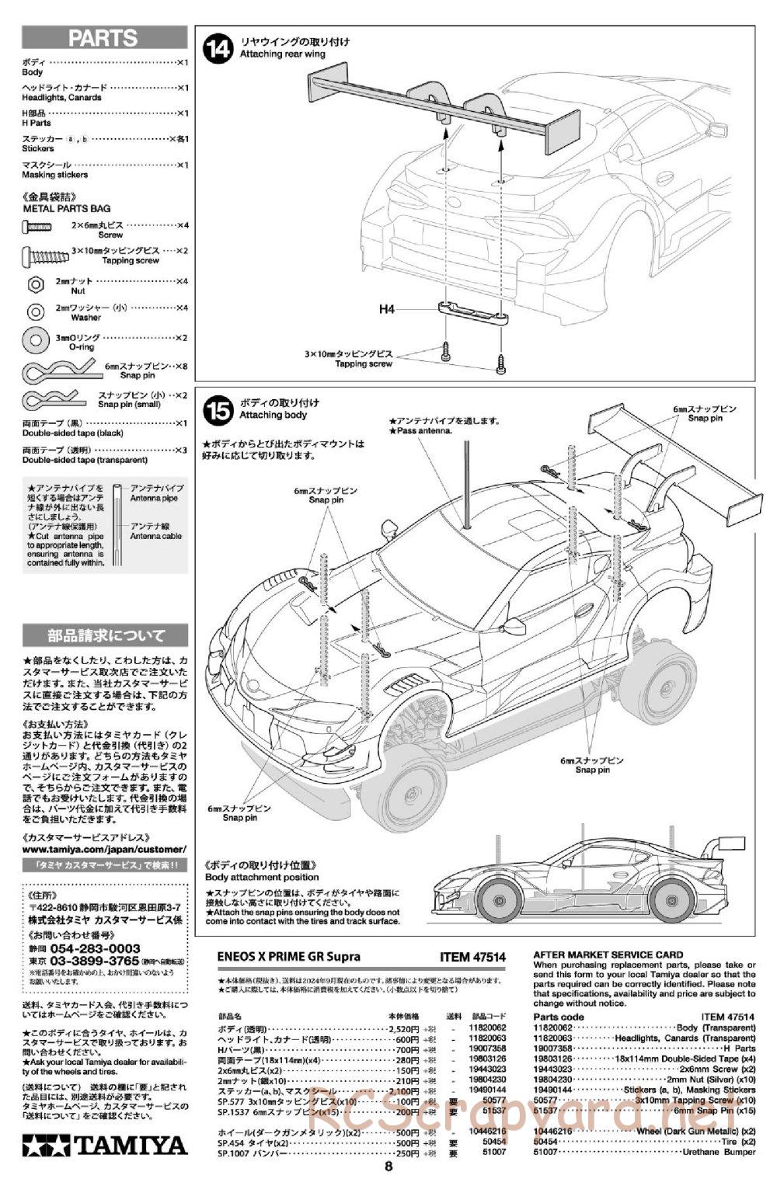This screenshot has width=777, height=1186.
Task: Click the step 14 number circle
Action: (217, 48)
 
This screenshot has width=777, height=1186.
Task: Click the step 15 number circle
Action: (217, 410)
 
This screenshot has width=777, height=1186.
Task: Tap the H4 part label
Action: (387, 309)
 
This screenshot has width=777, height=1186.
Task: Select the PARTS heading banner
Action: (104, 37)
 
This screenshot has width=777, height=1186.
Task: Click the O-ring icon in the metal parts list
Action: (35, 339)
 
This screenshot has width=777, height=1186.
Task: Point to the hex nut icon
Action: (35, 284)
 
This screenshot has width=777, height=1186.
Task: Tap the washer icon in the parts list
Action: (35, 311)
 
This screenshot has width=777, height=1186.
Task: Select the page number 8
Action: (388, 1165)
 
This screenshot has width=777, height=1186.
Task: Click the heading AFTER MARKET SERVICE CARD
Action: (608, 955)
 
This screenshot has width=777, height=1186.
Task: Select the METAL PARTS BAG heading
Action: (67, 208)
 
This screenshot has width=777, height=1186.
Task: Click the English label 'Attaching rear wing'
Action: (282, 54)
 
